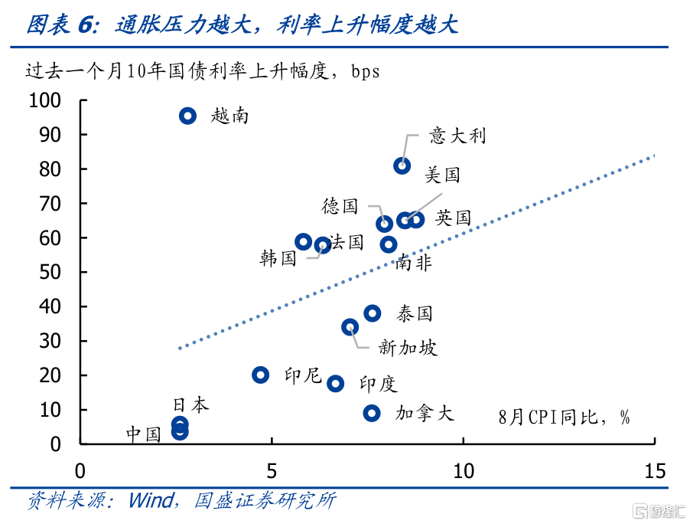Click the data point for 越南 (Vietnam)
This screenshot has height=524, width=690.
[187, 116]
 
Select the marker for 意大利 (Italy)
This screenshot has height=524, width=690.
[402, 165]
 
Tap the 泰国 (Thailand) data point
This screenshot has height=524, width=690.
[373, 313]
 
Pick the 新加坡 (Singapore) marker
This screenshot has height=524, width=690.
[350, 327]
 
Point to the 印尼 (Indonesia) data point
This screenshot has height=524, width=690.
[261, 375]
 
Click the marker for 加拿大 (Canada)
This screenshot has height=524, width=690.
[372, 413]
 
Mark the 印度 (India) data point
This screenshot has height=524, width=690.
[335, 383]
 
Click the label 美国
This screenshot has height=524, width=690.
[443, 175]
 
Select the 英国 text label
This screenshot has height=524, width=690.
[453, 218]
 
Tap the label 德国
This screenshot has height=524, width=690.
[340, 205]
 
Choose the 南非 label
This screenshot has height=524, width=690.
[413, 263]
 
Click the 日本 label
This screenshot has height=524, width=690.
[190, 404]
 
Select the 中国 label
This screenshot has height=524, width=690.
[144, 434]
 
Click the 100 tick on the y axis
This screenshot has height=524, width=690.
[44, 100]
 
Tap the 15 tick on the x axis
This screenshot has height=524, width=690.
[655, 470]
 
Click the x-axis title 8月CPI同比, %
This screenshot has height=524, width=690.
[564, 417]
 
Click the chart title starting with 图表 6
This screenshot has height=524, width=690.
[242, 25]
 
